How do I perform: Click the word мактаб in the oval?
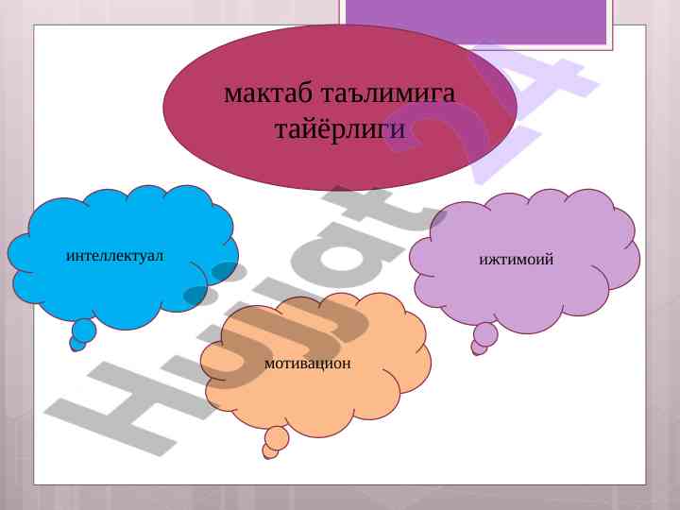tap(267, 93)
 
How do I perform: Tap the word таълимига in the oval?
tap(389, 94)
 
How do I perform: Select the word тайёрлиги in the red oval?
tap(340, 128)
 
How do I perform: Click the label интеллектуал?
tap(115, 255)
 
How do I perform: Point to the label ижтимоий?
tap(516, 260)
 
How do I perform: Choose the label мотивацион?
tap(308, 364)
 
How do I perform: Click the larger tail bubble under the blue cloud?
tap(84, 330)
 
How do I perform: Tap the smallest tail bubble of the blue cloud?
tap(77, 345)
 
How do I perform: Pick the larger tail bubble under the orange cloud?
tap(277, 438)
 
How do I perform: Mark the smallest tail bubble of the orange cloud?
tap(270, 451)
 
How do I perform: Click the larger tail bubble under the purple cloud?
tap(485, 334)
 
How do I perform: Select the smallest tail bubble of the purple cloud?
tap(479, 348)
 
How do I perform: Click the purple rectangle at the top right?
tap(476, 22)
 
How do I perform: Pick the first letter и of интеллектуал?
tap(71, 256)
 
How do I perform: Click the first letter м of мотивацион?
tap(270, 364)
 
